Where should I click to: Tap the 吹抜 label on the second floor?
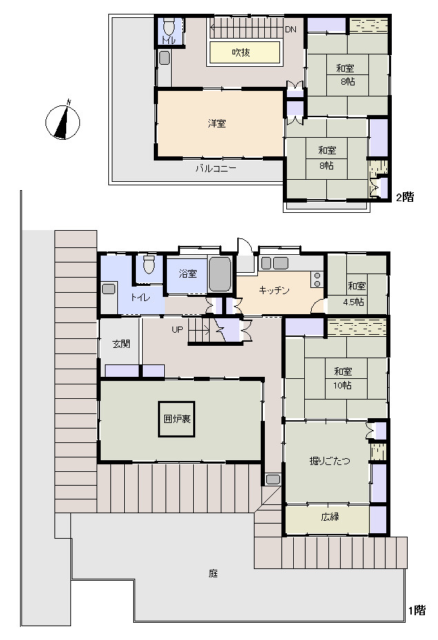click(x=241, y=52)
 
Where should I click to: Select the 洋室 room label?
click(x=217, y=123)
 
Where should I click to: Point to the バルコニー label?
click(x=215, y=168)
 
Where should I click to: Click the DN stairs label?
click(x=290, y=30)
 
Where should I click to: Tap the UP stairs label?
click(x=177, y=329)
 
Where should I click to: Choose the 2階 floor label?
click(x=405, y=197)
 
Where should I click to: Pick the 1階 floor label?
click(x=417, y=610)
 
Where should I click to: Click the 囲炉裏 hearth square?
click(x=177, y=419)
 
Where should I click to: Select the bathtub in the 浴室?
click(x=220, y=274)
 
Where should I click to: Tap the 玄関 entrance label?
click(x=121, y=344)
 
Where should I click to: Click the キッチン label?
click(x=274, y=290)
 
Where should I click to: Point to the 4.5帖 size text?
click(x=353, y=302)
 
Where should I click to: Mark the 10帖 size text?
click(x=342, y=385)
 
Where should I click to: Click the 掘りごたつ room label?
click(x=330, y=461)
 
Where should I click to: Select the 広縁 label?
click(x=330, y=517)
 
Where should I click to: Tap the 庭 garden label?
click(x=213, y=573)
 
